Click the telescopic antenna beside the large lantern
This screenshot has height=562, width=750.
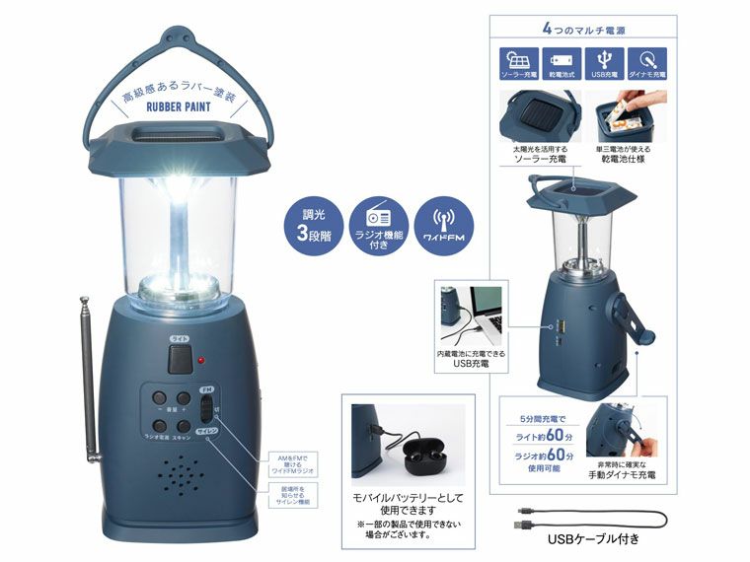point(88,385)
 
